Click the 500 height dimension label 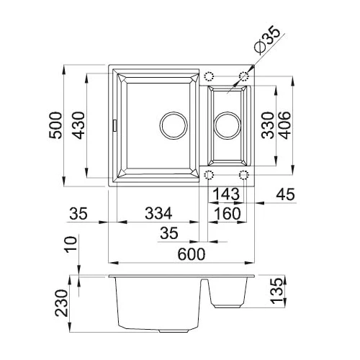(x=55, y=125)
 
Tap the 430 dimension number (x=78, y=125)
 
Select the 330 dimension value (x=268, y=125)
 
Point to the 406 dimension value (x=285, y=125)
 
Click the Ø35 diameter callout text (x=267, y=40)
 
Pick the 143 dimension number (x=226, y=194)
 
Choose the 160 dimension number (x=227, y=213)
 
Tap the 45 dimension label (x=285, y=194)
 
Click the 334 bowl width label (x=158, y=213)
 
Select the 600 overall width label (x=192, y=254)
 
